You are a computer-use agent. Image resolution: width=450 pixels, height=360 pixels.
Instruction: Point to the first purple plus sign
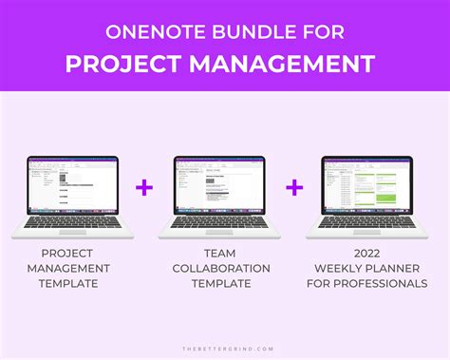(x=144, y=188)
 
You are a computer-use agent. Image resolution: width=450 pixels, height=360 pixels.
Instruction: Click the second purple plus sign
(x=294, y=188)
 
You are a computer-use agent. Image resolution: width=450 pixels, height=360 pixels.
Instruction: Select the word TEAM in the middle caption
(x=219, y=253)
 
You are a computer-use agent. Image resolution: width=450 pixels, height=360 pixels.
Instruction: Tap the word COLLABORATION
(x=219, y=268)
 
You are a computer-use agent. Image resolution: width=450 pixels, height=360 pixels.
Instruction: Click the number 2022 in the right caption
(x=366, y=253)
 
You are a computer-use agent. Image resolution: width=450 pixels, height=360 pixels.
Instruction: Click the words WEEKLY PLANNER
(x=366, y=268)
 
